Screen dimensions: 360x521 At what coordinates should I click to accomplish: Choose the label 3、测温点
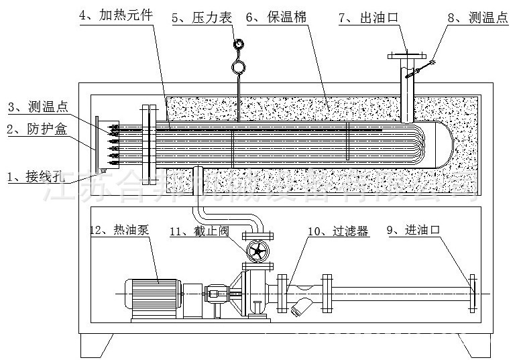pos(38,107)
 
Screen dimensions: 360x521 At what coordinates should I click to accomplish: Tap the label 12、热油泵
pos(119,229)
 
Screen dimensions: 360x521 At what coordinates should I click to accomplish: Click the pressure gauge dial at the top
pos(238,44)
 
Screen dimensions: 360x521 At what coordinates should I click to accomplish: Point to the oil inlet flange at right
pos(472,294)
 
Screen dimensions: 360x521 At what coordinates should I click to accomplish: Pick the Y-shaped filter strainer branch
pos(302,305)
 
